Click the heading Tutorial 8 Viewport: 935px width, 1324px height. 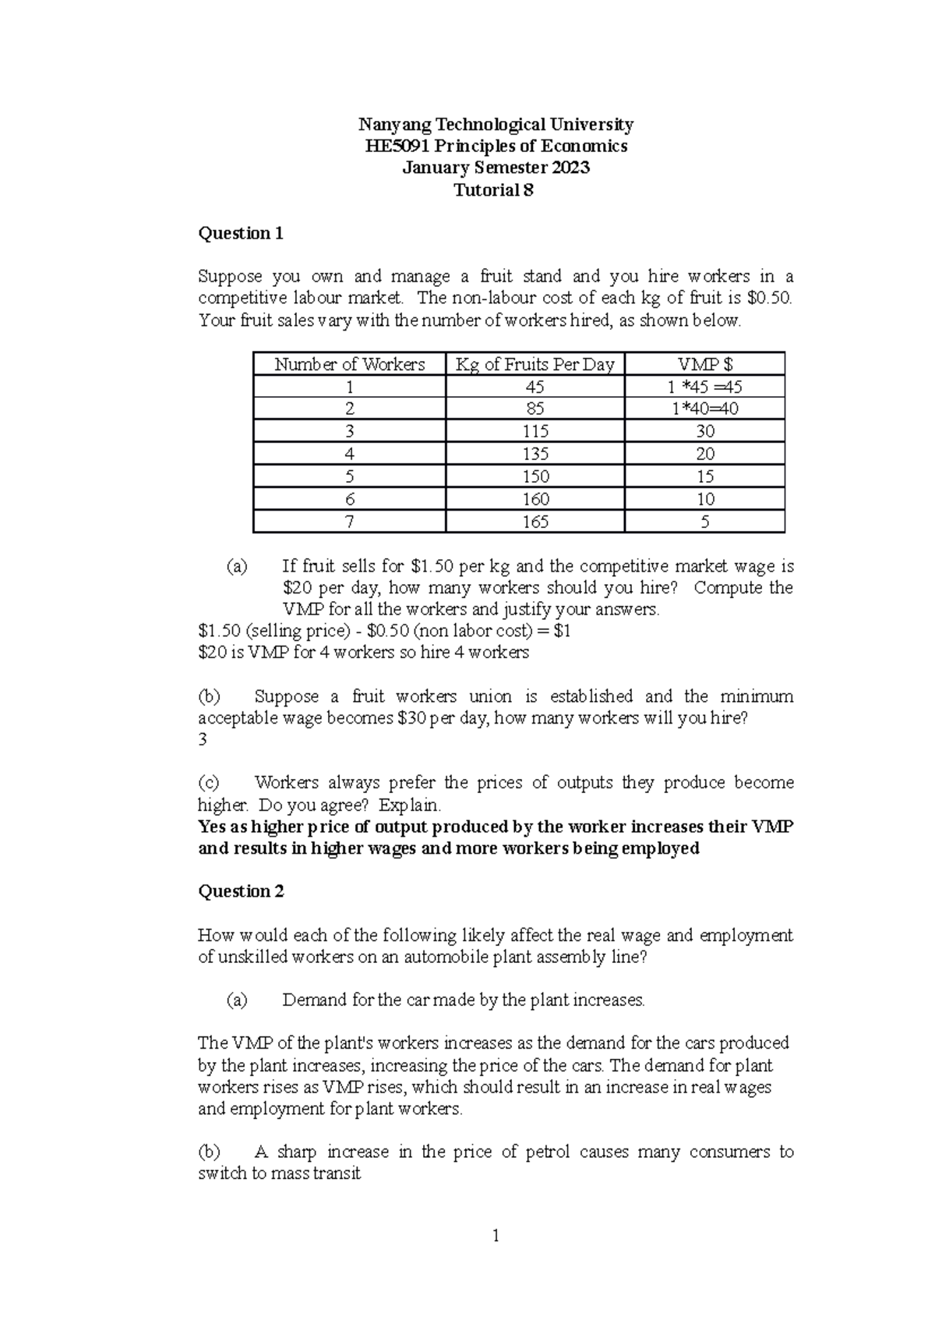coord(495,190)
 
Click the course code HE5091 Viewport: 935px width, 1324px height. coord(397,146)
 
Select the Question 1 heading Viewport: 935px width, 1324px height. coord(241,233)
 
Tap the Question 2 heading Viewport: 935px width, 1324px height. coord(241,891)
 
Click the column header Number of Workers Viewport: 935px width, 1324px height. coord(350,364)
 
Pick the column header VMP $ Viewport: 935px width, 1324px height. coord(704,364)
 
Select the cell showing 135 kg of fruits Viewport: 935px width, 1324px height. coord(535,454)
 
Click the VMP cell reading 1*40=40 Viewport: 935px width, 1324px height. coord(704,409)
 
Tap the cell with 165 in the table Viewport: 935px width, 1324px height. coord(535,522)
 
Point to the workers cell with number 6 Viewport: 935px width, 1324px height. coord(350,499)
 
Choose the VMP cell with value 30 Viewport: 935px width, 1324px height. coord(704,431)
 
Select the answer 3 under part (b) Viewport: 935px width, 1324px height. coord(203,740)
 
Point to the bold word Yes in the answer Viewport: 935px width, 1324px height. coord(212,827)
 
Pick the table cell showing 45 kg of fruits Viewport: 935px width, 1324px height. coord(535,387)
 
